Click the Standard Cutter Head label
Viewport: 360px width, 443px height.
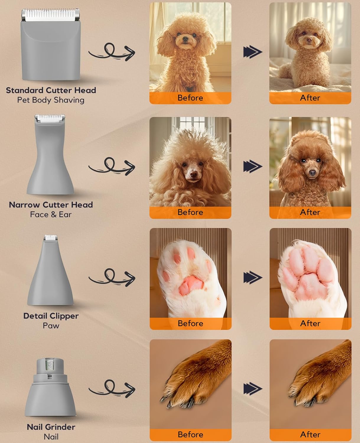[51, 90]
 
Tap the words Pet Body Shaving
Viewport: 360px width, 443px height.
[51, 100]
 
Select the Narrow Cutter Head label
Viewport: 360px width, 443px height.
[51, 205]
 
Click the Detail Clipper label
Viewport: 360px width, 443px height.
[51, 316]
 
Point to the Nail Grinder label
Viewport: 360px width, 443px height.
[51, 427]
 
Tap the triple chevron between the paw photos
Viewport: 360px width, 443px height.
[253, 278]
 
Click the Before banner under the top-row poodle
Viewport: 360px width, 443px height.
[190, 98]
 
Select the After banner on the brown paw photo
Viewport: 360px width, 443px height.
[310, 434]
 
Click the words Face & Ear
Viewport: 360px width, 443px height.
[51, 215]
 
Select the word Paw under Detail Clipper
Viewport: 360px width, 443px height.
[51, 326]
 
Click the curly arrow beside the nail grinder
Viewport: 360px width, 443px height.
[112, 389]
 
